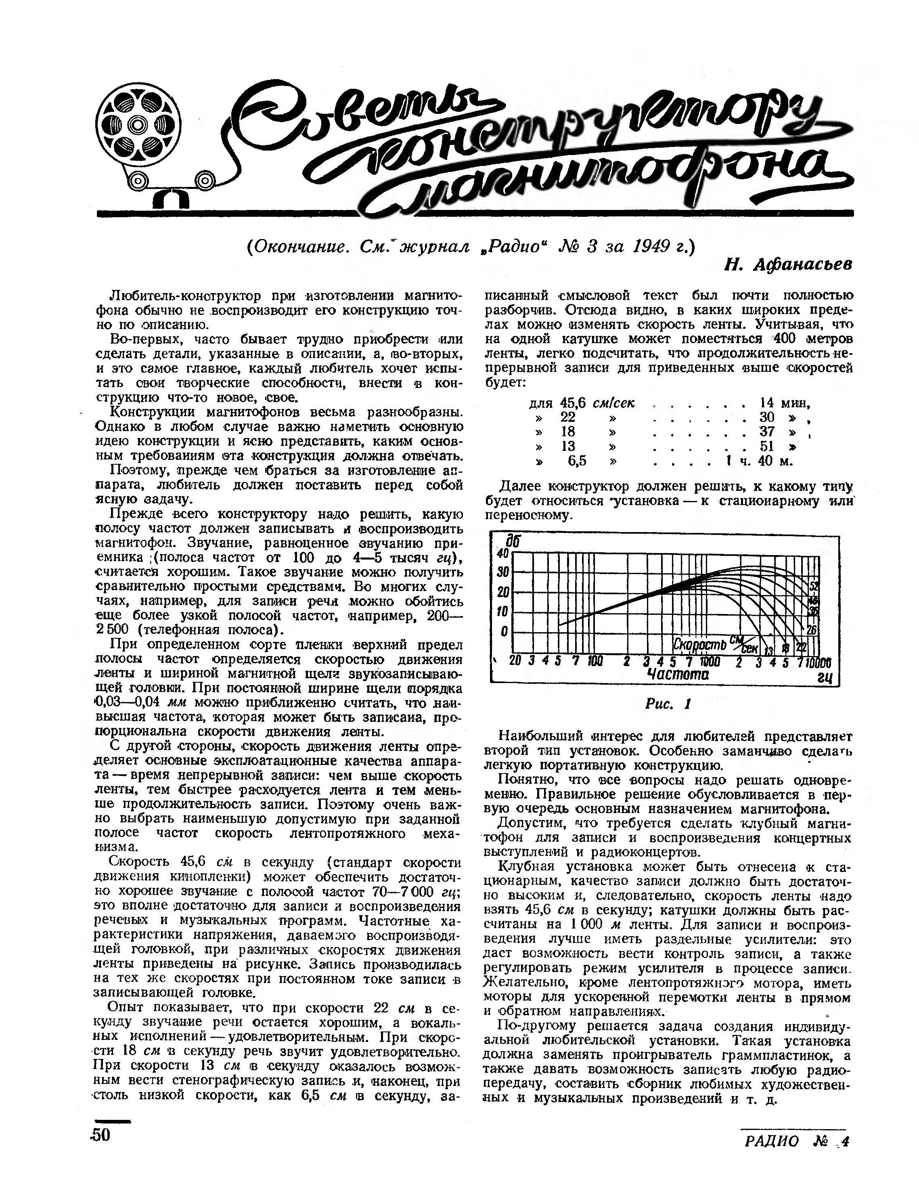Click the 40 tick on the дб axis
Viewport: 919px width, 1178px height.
click(x=502, y=553)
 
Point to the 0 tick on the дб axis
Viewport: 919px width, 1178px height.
click(x=504, y=631)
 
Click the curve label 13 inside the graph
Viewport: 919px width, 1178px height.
click(x=770, y=650)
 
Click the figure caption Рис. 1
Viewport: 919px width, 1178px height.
click(x=668, y=704)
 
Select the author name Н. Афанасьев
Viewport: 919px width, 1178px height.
click(x=788, y=265)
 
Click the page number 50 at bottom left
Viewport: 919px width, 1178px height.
click(x=101, y=1135)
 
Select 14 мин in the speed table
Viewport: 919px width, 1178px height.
click(x=785, y=403)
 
